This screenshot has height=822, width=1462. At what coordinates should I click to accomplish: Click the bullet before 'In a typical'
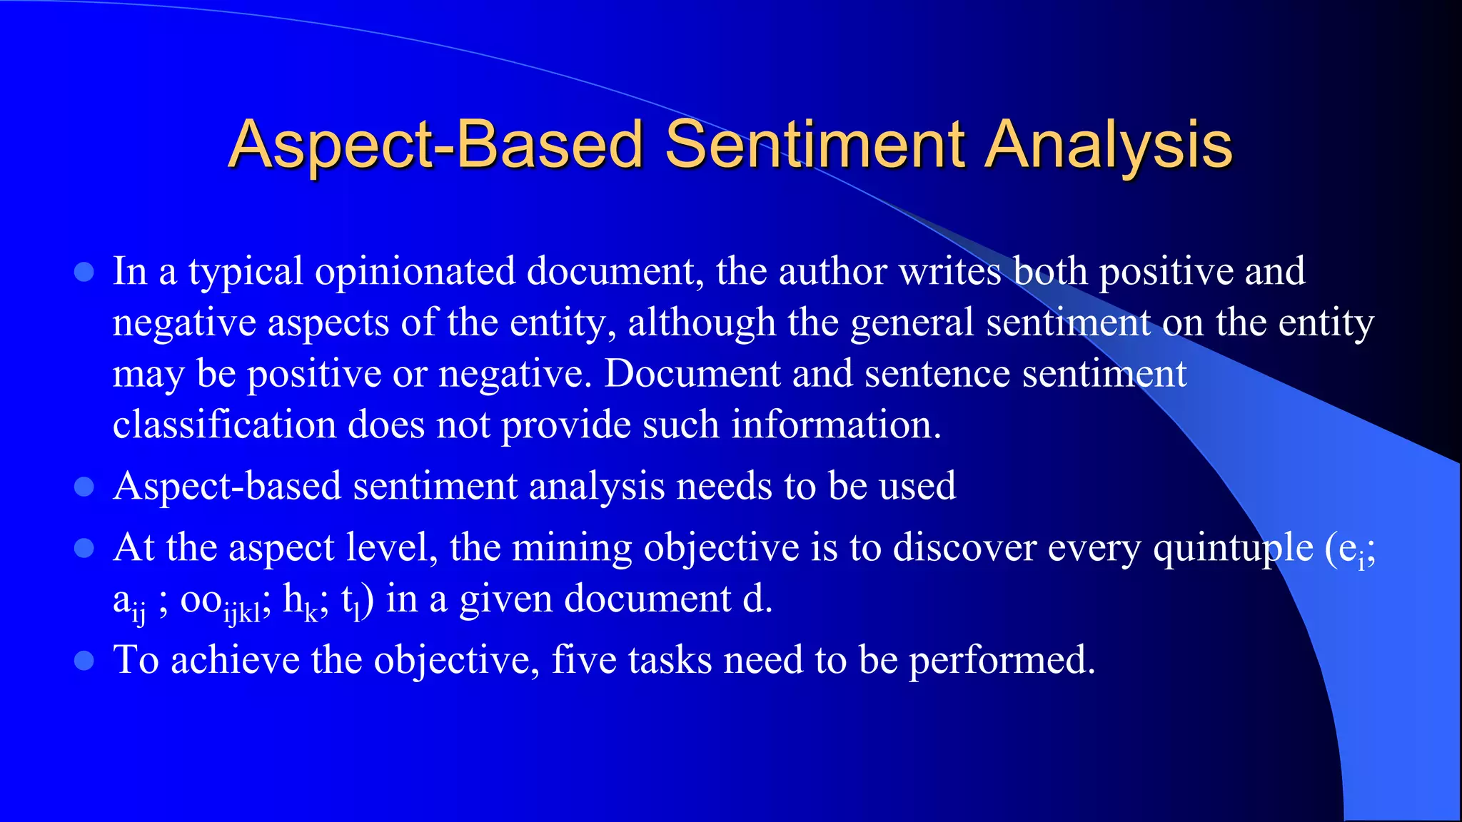point(84,272)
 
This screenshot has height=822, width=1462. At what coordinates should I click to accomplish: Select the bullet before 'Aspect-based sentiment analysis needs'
point(84,487)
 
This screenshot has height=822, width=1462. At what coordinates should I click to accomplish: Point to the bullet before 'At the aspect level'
point(84,548)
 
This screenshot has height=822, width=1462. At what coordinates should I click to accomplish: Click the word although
point(701,323)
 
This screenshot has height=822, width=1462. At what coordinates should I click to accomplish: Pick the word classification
point(224,425)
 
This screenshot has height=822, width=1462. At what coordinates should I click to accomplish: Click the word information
point(835,425)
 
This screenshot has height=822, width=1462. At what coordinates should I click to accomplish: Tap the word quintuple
point(1233,549)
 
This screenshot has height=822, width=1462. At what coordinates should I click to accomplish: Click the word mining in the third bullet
point(572,549)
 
